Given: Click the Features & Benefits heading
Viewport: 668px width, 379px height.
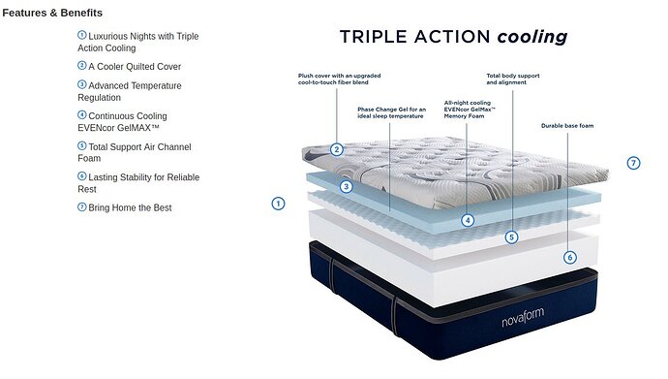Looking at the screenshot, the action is coord(52,13).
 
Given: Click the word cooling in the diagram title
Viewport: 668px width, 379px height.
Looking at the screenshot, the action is coord(532,37).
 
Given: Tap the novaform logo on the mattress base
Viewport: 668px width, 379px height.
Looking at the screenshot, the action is coord(523,317).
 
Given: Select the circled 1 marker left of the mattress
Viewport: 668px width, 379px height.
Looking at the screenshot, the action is coord(278,204).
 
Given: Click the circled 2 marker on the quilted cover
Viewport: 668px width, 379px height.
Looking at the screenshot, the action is coord(337,149).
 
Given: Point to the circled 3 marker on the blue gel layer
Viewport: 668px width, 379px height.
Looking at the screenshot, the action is coord(346,186).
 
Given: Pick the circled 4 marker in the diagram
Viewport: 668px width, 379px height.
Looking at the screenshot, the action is coord(468,220).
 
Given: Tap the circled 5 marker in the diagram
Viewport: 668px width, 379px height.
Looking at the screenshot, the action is coord(512,237).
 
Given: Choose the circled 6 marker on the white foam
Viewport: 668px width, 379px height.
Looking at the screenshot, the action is coord(570,257).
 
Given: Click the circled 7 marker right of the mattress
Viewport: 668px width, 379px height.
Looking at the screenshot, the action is coord(633,163).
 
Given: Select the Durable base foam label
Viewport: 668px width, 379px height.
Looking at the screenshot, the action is coord(567,126).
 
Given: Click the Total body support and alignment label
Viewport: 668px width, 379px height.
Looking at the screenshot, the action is coord(513,79).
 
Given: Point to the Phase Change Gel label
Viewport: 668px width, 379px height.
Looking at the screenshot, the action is coord(391,112).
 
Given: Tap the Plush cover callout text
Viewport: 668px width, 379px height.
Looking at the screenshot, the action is coord(339,79).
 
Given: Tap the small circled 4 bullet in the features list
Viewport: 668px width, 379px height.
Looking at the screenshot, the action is coord(81,114).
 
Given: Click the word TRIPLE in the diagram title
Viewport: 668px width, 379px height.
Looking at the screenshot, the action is coord(374,37).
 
